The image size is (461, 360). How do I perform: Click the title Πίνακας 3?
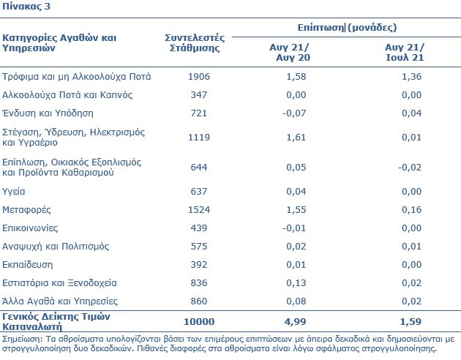(26, 6)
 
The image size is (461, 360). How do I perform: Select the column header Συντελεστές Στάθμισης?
(195, 42)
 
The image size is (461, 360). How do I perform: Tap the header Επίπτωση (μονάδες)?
(348, 28)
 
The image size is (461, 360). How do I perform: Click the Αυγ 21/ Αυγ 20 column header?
(290, 52)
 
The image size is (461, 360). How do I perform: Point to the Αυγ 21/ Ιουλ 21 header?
(405, 52)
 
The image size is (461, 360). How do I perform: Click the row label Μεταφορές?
(26, 210)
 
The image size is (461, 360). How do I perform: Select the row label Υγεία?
(13, 192)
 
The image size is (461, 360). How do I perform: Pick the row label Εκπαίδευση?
(28, 265)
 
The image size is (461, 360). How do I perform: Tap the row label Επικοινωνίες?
(30, 228)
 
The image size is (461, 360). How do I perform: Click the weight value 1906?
(199, 77)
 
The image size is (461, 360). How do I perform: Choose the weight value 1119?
(199, 138)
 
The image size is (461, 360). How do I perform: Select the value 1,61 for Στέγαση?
(296, 138)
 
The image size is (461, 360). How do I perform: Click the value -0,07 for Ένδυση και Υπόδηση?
(294, 113)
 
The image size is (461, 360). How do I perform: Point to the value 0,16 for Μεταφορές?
(411, 210)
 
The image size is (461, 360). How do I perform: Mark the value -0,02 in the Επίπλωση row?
(410, 168)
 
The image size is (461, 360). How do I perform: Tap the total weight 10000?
(199, 322)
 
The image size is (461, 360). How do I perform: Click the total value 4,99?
(295, 322)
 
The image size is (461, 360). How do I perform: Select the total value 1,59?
(411, 322)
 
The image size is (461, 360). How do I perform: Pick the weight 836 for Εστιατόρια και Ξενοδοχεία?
(199, 283)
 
